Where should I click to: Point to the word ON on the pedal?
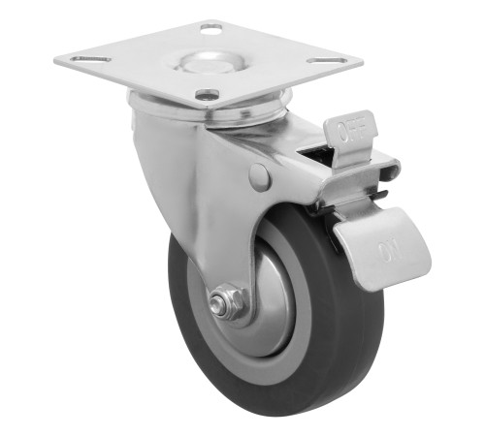tap(391, 250)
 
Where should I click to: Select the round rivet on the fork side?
tap(260, 177)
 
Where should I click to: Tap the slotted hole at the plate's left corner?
tap(91, 59)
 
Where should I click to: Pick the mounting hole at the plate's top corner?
tap(211, 29)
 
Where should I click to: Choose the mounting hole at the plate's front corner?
tap(208, 94)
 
